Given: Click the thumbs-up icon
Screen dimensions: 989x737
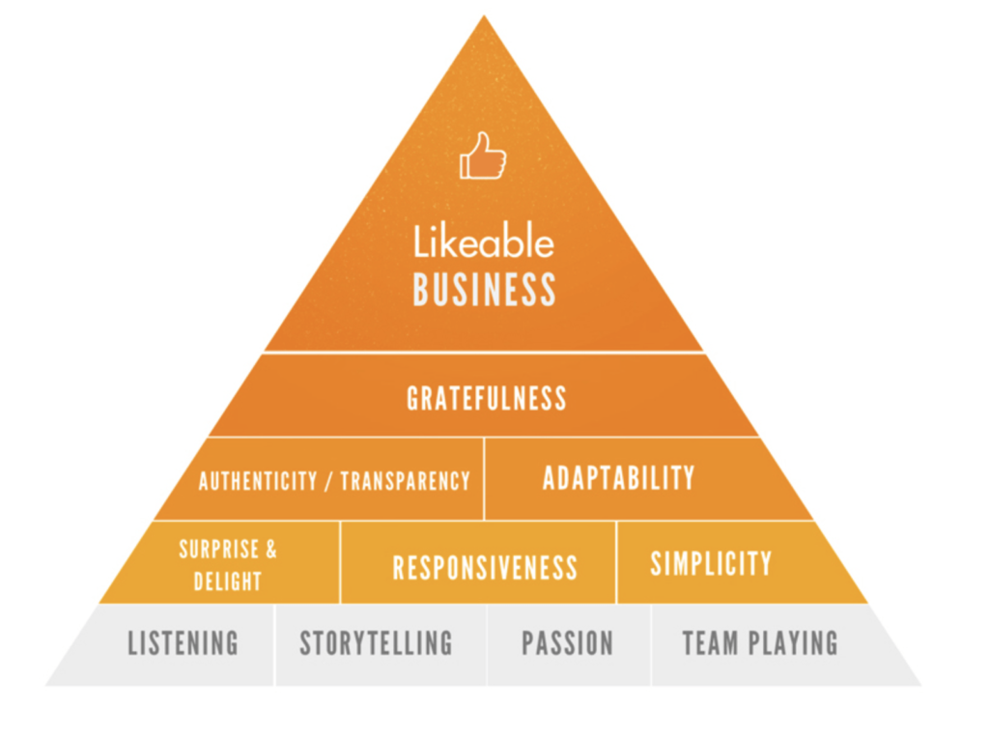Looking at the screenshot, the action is [x=483, y=156].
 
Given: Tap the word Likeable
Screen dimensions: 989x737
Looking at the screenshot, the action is [x=484, y=241].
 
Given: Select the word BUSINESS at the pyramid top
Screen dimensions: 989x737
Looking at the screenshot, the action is [x=484, y=290].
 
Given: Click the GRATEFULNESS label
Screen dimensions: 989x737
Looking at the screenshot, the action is [x=487, y=399].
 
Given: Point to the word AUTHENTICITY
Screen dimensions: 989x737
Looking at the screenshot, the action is [x=258, y=481].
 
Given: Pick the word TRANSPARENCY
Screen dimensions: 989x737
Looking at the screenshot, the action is [x=406, y=481].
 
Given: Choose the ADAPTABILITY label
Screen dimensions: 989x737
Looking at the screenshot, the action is [x=619, y=478].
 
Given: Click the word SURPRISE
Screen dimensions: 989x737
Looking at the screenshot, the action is [x=219, y=549].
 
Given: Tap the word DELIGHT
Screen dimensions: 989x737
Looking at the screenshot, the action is [x=228, y=581].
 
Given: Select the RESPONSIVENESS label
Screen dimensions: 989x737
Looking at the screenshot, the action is [x=485, y=568].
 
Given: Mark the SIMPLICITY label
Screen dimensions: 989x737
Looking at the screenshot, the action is [x=711, y=563].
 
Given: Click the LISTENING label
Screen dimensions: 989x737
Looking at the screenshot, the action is [x=183, y=643].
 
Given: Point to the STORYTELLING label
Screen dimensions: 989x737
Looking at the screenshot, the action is [x=376, y=643].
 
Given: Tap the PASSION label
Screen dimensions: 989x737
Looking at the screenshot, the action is [x=567, y=643].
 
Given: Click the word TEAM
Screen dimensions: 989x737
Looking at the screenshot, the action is [x=710, y=643].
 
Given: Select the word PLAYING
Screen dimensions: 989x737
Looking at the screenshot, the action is [x=794, y=643].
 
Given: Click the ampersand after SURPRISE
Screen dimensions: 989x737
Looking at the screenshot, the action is [x=271, y=549].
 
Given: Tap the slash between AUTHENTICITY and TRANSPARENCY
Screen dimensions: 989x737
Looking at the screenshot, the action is [x=328, y=481].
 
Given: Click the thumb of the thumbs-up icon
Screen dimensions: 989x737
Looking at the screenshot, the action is [x=483, y=143].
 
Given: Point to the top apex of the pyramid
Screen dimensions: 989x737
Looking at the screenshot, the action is [x=484, y=15].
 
